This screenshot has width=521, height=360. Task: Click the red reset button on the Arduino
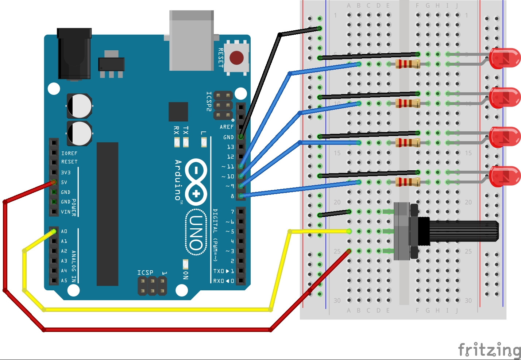tap(236, 58)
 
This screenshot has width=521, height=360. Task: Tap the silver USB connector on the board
tap(192, 42)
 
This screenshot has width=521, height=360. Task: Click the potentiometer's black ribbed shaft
tap(463, 231)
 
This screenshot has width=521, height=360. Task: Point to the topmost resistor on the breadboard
tap(408, 64)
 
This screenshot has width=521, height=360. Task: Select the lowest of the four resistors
tap(408, 182)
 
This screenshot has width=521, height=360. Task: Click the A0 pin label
tap(64, 231)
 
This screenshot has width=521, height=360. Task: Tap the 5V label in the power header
tap(64, 182)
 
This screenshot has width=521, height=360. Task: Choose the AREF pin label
tap(227, 127)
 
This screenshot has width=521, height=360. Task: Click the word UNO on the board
tap(196, 232)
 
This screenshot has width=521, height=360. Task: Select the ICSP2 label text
tap(209, 101)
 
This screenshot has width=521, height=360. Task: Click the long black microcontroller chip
tap(107, 214)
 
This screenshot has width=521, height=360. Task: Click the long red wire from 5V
tap(157, 330)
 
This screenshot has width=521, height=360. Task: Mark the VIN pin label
tap(66, 212)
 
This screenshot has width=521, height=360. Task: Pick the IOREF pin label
tap(69, 153)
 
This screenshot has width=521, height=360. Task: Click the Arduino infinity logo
tap(196, 182)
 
